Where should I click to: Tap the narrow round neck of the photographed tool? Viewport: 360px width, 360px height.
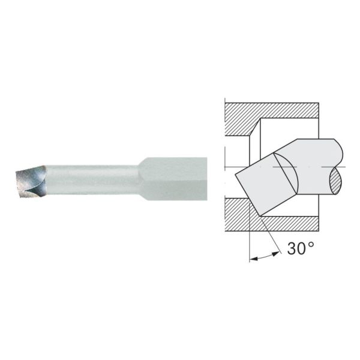point(90,178)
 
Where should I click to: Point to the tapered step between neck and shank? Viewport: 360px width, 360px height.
point(142,178)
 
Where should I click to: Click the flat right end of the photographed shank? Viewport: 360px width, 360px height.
point(206,178)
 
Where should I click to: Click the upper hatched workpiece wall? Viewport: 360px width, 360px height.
point(270,110)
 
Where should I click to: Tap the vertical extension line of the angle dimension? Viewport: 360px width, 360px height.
point(248,240)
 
